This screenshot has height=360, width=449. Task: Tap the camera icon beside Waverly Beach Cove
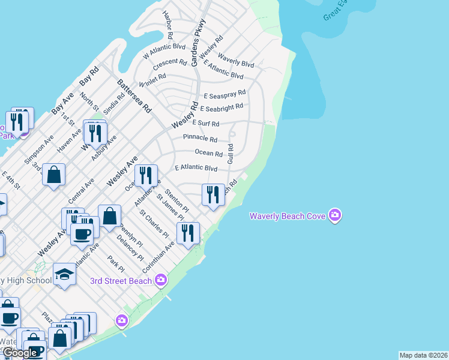[335, 215]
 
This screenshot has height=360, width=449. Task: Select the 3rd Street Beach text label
[121, 281]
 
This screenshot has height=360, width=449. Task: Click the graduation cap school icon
[65, 275]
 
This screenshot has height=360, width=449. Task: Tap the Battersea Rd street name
[134, 97]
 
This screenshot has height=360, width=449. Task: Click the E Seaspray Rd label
[224, 94]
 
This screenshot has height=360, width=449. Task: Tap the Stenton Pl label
[176, 201]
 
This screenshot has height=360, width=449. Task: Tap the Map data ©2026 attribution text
[423, 355]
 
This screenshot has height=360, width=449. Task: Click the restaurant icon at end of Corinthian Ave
[188, 232]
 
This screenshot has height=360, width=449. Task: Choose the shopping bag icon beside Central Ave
[53, 175]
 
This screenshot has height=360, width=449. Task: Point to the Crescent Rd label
[170, 62]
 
